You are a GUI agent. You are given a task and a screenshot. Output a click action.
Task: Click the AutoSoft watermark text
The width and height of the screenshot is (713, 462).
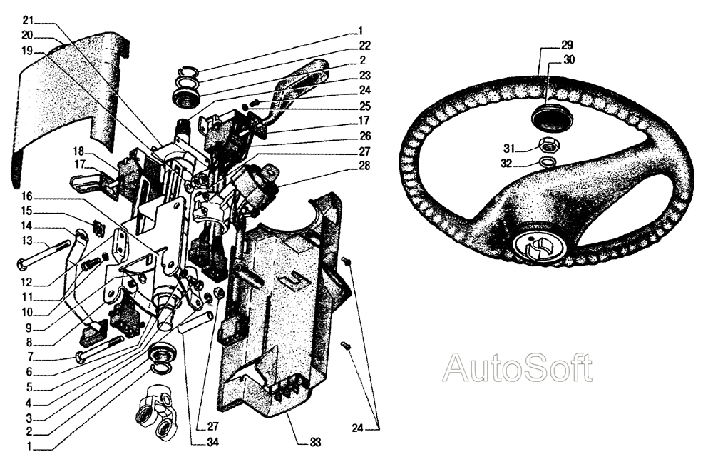(x=518, y=368)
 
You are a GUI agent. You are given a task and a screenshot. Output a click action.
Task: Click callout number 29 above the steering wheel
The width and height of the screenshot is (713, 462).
(x=567, y=45)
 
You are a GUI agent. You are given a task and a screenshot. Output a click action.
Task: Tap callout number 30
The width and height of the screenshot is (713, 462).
(x=569, y=60)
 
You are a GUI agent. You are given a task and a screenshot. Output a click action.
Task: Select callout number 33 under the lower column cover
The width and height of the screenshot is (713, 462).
(x=315, y=442)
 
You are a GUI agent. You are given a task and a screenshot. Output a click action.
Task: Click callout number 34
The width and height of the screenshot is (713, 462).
(x=212, y=442)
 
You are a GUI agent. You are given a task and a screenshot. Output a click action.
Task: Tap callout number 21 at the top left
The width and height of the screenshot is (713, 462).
(x=28, y=20)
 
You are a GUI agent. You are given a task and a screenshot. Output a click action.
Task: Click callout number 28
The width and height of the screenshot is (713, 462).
(x=364, y=165)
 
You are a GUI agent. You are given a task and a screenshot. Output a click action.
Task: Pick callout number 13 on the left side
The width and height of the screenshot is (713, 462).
(x=26, y=240)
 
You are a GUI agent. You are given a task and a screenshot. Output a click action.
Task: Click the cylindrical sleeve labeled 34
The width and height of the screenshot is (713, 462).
(x=197, y=321)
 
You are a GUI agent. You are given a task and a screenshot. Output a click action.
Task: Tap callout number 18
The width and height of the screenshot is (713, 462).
(x=78, y=151)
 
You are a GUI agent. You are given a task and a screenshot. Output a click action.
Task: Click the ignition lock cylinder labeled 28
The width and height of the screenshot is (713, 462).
(x=255, y=184)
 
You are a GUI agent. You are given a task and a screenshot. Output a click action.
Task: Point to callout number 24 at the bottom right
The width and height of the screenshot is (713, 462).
(x=358, y=428)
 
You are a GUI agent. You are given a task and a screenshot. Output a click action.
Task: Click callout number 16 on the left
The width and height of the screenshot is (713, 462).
(x=26, y=196)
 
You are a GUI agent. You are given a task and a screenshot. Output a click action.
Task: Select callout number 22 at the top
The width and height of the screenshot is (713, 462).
(x=364, y=46)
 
